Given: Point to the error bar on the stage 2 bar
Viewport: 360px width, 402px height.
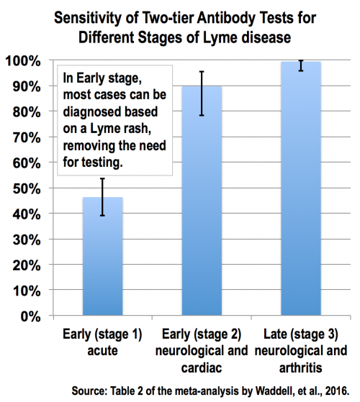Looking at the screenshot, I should click(x=202, y=93).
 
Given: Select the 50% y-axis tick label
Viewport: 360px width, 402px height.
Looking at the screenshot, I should click(x=25, y=188).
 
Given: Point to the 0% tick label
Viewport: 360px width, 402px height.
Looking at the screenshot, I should click(x=29, y=316).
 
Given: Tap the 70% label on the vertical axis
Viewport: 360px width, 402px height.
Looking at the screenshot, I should click(x=25, y=137).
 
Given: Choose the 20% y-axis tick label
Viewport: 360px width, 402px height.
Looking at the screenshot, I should click(x=25, y=265).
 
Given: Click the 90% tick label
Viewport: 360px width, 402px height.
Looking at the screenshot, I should click(x=25, y=86).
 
